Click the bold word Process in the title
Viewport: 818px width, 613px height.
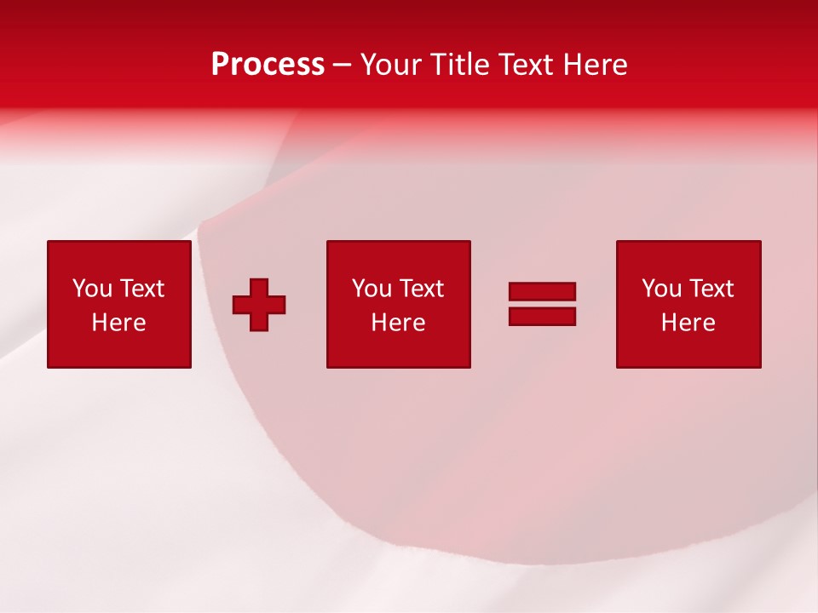pos(268,65)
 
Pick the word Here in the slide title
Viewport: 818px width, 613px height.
pos(596,65)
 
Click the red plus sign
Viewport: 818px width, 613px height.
pos(259,305)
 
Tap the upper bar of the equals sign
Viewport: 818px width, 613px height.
pos(542,291)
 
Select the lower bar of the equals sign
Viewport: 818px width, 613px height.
pos(542,316)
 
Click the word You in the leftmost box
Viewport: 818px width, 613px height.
pos(92,289)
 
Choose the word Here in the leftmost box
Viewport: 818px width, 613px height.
pos(118,323)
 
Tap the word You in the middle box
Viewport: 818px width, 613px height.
pos(372,289)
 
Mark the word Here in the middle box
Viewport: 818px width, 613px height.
pos(398,323)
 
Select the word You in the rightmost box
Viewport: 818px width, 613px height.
pos(661,289)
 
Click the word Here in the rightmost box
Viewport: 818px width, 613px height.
pos(688,323)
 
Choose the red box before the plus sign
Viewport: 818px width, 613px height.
pos(118,349)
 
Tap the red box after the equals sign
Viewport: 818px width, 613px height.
pos(688,349)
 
